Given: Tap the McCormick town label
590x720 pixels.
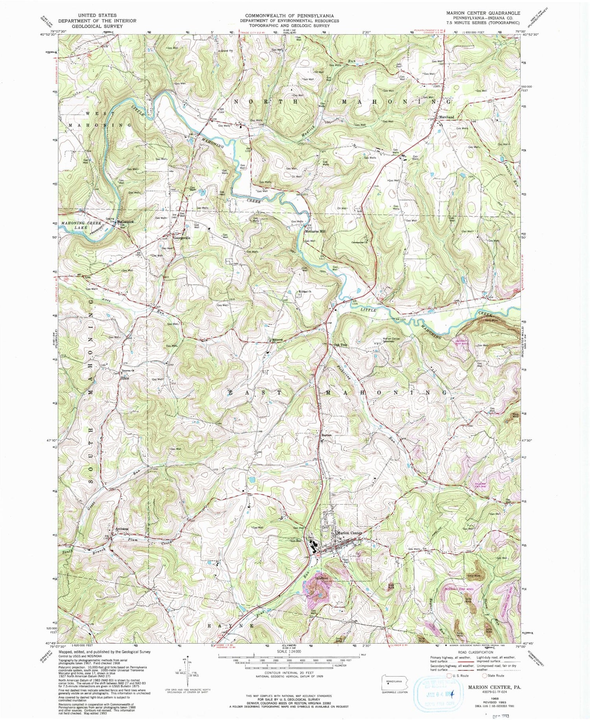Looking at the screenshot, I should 125,222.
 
